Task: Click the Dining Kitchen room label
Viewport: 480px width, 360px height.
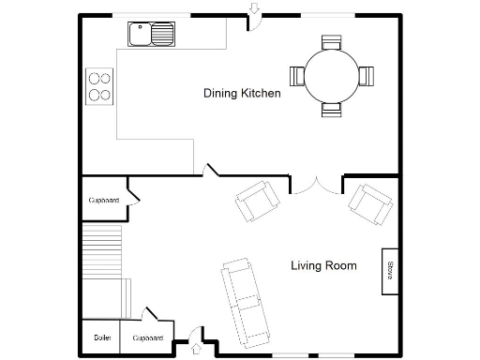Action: coord(242,93)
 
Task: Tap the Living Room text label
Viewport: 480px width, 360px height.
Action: coord(322,265)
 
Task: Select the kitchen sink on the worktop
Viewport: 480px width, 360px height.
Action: coord(151,35)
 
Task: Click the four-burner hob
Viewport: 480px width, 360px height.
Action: coord(99,85)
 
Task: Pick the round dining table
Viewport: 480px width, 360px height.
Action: coord(332,75)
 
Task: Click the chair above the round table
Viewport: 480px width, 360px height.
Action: coord(332,42)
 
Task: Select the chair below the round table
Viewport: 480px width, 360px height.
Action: coord(332,109)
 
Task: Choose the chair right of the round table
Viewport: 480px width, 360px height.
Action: coord(366,75)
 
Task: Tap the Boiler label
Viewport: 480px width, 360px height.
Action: coord(101,337)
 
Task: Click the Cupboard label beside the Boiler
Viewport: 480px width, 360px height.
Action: coord(148,337)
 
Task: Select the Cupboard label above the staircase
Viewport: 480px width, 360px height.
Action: coord(103,200)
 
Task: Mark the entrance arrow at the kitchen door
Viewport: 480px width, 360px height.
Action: coord(253,9)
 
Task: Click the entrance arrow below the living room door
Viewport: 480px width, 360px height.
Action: coord(196,350)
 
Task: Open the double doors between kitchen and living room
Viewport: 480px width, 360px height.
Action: coord(316,185)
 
